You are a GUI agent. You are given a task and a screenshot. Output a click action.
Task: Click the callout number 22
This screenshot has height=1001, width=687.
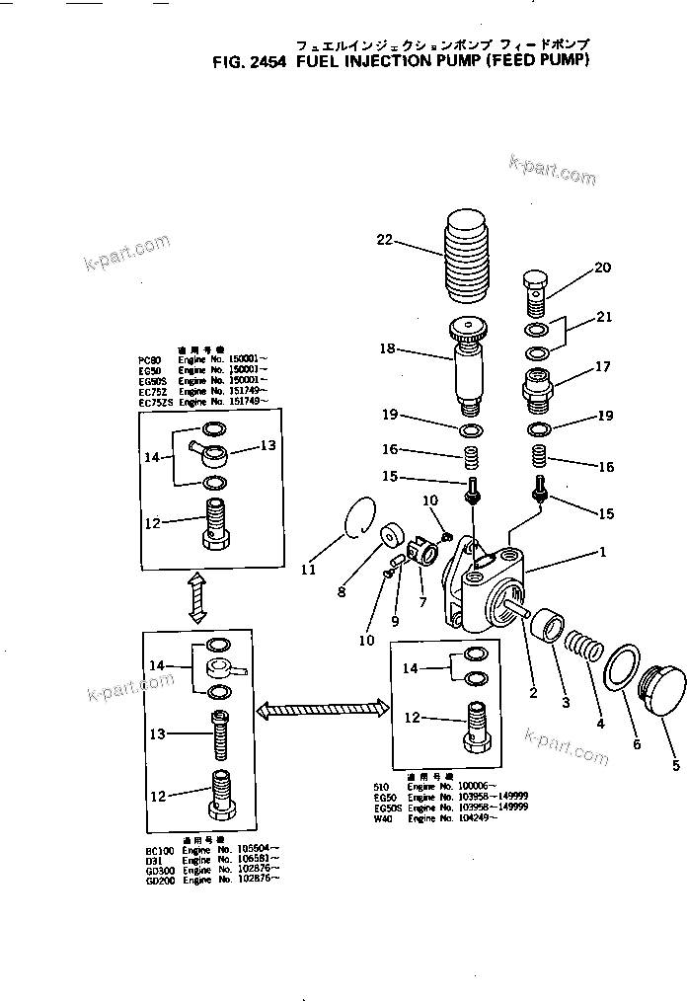pyautogui.click(x=383, y=238)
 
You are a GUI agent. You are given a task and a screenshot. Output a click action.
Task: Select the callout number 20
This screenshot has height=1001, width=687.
pyautogui.click(x=601, y=268)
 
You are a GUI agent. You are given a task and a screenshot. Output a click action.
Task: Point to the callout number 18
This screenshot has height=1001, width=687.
pyautogui.click(x=387, y=348)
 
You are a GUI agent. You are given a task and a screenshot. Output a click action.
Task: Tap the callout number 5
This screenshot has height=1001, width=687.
pyautogui.click(x=675, y=764)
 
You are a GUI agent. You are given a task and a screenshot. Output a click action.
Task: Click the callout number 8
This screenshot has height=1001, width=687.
pyautogui.click(x=342, y=592)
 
